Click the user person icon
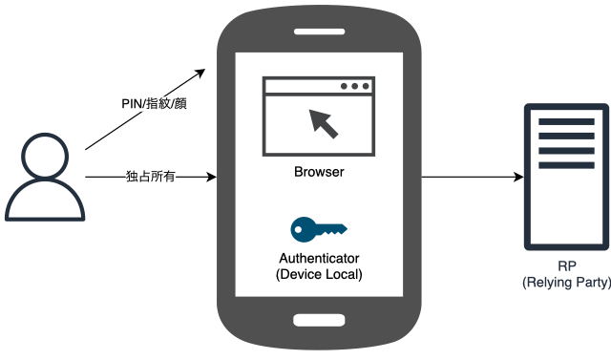[x=43, y=179]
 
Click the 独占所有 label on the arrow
[x=150, y=177]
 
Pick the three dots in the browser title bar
[x=355, y=87]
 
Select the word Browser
[x=319, y=173]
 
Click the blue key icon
[x=319, y=228]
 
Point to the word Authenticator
[x=320, y=258]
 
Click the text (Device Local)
[x=320, y=274]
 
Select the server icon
[x=566, y=178]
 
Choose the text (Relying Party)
[x=567, y=283]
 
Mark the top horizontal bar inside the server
[x=566, y=121]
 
